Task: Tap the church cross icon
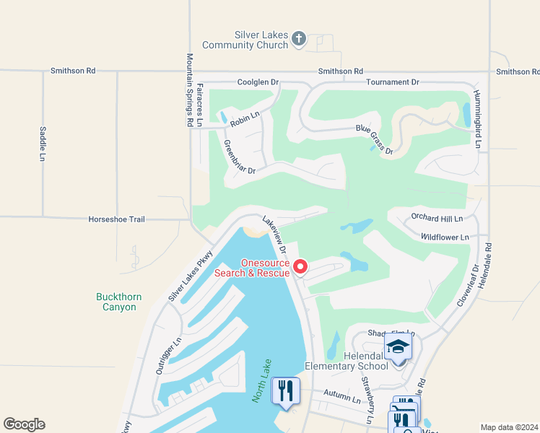pyautogui.click(x=300, y=40)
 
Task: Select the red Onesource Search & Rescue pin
pyautogui.click(x=300, y=268)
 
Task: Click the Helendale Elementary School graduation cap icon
pyautogui.click(x=398, y=346)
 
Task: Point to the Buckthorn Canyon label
pyautogui.click(x=118, y=302)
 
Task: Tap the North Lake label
pyautogui.click(x=261, y=380)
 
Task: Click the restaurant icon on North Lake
pyautogui.click(x=285, y=391)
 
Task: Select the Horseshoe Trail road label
pyautogui.click(x=117, y=219)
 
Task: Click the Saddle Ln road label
pyautogui.click(x=43, y=144)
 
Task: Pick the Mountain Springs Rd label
pyautogui.click(x=190, y=90)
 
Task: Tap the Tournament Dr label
pyautogui.click(x=392, y=82)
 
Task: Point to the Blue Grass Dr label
pyautogui.click(x=374, y=140)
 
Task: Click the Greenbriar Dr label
pyautogui.click(x=240, y=157)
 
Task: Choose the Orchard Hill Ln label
pyautogui.click(x=437, y=217)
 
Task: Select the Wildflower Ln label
pyautogui.click(x=445, y=237)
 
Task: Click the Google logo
pyautogui.click(x=24, y=424)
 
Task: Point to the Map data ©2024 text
pyautogui.click(x=509, y=427)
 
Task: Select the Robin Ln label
pyautogui.click(x=244, y=121)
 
